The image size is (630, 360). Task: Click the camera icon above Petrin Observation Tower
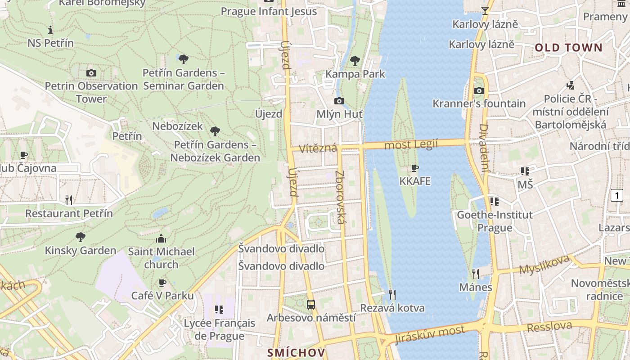pyautogui.click(x=91, y=73)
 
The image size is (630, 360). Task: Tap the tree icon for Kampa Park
pyautogui.click(x=355, y=60)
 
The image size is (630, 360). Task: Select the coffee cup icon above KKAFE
pyautogui.click(x=415, y=168)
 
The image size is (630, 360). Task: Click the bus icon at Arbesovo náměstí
pyautogui.click(x=311, y=305)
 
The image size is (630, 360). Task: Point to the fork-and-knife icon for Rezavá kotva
pyautogui.click(x=392, y=295)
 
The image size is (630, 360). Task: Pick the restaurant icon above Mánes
pyautogui.click(x=475, y=274)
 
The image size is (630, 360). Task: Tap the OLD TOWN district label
pyautogui.click(x=568, y=48)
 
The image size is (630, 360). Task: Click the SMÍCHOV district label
pyautogui.click(x=296, y=352)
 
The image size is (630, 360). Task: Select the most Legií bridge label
pyautogui.click(x=411, y=144)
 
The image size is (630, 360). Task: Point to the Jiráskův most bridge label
pyautogui.click(x=430, y=334)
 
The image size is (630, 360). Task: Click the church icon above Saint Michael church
pyautogui.click(x=161, y=238)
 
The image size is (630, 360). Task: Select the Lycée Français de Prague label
pyautogui.click(x=219, y=329)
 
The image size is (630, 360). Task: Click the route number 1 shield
pyautogui.click(x=616, y=195)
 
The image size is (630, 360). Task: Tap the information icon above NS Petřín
pyautogui.click(x=50, y=30)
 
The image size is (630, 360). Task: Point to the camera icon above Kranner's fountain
pyautogui.click(x=479, y=90)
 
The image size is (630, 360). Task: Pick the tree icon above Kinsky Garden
pyautogui.click(x=81, y=237)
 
